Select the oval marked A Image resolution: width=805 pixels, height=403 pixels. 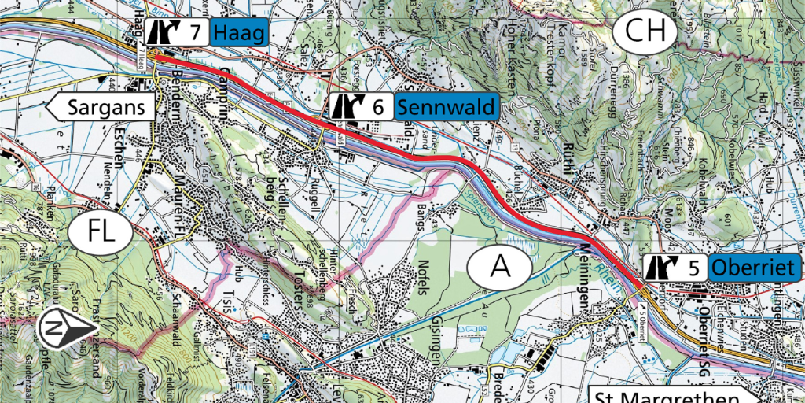[500, 268]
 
